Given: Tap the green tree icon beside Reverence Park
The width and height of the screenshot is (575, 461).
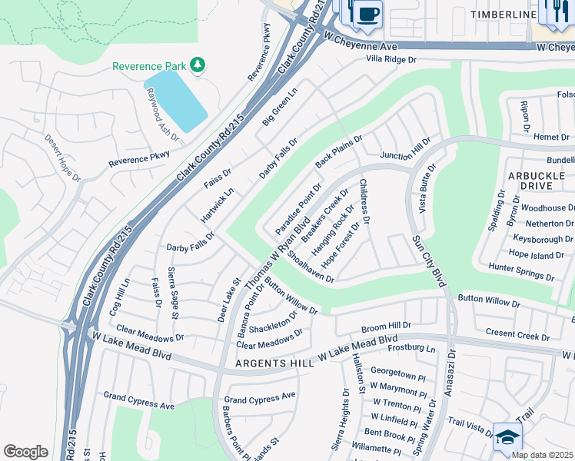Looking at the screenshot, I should [x=198, y=65].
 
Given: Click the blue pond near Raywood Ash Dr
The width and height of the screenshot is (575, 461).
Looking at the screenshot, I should [x=175, y=99].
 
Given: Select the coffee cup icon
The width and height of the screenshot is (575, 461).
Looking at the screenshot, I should [x=368, y=14].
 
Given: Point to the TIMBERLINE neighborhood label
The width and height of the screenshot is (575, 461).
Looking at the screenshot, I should [x=503, y=15].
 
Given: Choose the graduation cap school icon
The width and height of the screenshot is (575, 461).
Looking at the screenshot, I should [x=507, y=437].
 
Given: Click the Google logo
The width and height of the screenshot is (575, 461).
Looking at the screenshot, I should [x=25, y=451].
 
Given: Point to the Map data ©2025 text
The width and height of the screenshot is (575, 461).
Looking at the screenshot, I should [x=542, y=455].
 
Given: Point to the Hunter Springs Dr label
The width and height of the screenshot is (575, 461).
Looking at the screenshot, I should [x=520, y=271].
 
